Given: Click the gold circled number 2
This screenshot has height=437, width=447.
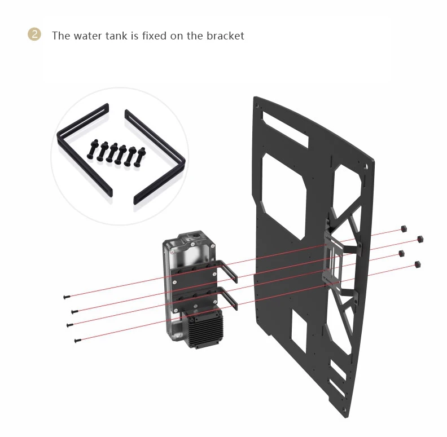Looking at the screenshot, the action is [34, 34].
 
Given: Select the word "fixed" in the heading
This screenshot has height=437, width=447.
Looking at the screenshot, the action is [154, 36].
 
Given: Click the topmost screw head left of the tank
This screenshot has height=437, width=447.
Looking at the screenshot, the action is [67, 297].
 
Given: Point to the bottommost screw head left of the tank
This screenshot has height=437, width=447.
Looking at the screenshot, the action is [77, 340].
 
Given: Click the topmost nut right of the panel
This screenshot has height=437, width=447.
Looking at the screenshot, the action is [403, 228].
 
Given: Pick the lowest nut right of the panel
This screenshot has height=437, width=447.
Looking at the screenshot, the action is [417, 264].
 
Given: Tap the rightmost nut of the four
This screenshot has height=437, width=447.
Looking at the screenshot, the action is [420, 239].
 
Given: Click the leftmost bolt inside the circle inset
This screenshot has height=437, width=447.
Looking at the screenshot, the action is [93, 149].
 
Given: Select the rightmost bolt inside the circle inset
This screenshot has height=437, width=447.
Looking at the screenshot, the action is [139, 157].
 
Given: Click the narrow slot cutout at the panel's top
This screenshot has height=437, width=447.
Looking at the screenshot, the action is [285, 129].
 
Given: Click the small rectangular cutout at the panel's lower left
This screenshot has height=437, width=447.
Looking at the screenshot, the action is [299, 331].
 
